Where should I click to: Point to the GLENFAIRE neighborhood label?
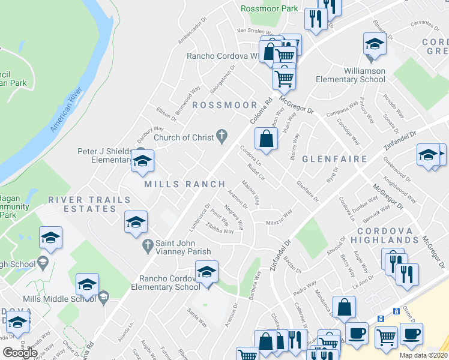(x=334, y=159)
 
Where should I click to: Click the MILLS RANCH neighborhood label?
(x=185, y=184)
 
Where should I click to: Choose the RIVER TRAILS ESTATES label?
(x=90, y=204)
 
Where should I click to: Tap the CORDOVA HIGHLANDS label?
(x=394, y=236)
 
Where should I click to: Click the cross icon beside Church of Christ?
(x=221, y=137)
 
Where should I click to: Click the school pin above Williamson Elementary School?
(x=374, y=45)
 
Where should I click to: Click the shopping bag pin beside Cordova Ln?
(x=266, y=140)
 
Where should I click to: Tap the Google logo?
(x=20, y=352)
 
